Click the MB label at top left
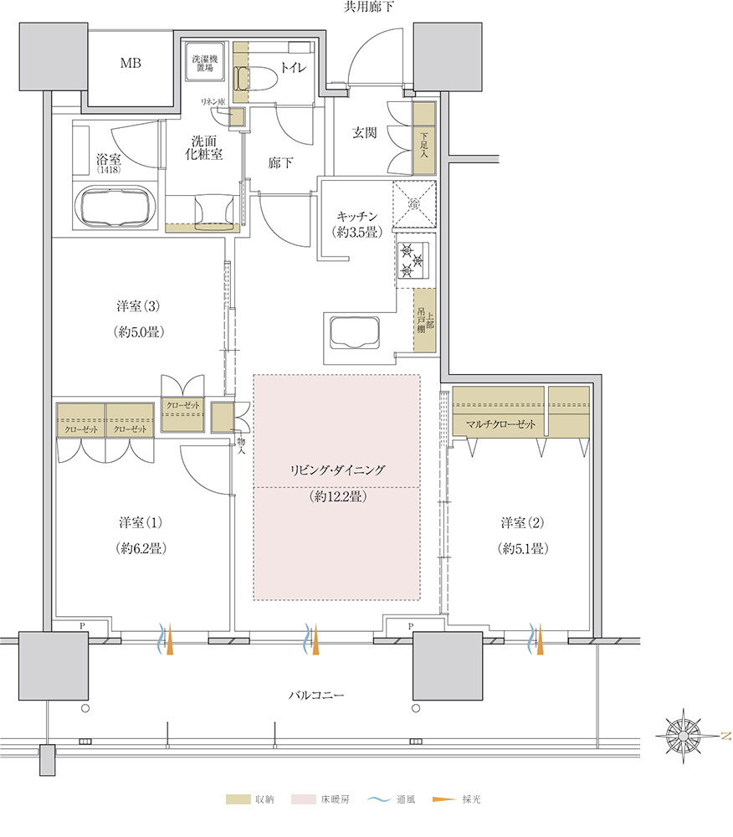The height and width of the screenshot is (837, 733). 131,63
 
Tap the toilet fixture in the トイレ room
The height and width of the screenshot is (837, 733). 254,78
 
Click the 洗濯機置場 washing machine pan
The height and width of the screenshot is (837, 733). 204,63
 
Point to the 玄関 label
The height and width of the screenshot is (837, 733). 364,132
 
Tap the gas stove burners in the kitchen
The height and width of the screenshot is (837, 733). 413,260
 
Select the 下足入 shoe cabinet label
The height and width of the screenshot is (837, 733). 424,145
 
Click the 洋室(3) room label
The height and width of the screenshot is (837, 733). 137,306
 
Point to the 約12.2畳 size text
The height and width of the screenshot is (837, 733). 338,496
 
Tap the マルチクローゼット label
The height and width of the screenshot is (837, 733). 500,424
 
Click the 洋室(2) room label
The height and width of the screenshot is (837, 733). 522,522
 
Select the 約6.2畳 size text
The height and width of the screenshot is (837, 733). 141,548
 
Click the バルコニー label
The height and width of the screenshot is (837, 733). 316,695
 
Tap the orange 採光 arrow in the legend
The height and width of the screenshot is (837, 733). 443,799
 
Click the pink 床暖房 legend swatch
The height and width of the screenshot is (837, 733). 303,799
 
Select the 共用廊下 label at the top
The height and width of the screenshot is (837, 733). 369,7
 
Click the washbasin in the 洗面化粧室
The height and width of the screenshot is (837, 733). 213,212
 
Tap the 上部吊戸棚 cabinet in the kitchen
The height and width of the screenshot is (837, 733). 424,321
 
